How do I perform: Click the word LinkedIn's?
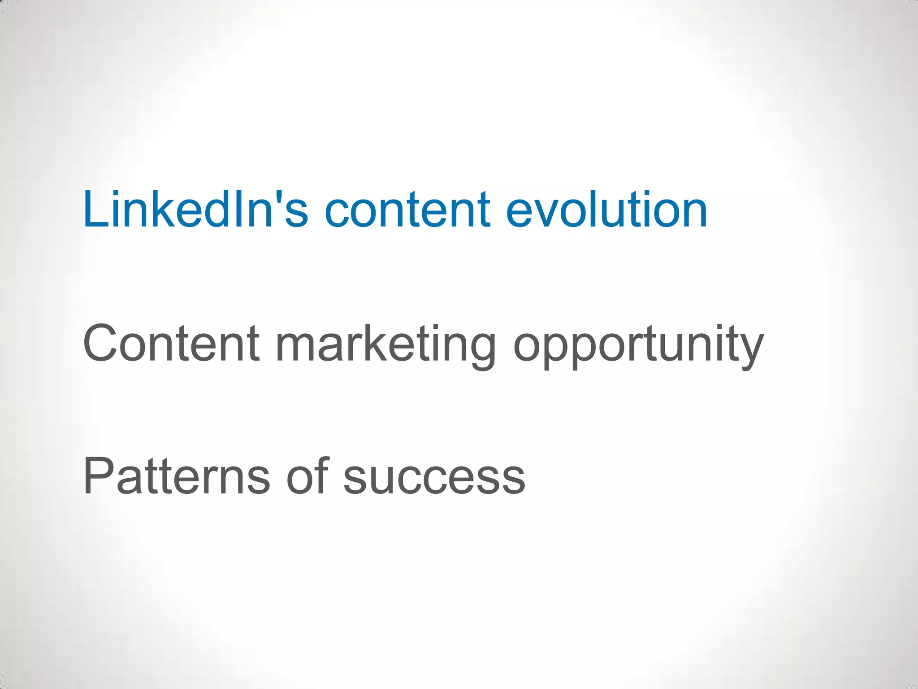(x=195, y=209)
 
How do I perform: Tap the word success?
(x=434, y=479)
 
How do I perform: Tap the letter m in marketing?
(x=298, y=347)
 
